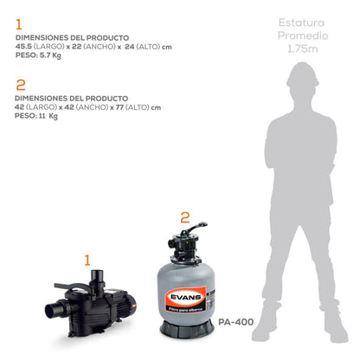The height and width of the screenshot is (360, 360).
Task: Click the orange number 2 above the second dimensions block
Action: click(20, 84)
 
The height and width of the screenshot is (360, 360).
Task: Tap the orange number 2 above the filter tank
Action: click(183, 218)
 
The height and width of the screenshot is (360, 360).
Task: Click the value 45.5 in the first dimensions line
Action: click(23, 48)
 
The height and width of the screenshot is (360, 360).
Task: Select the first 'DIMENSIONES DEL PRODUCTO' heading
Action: click(72, 38)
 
